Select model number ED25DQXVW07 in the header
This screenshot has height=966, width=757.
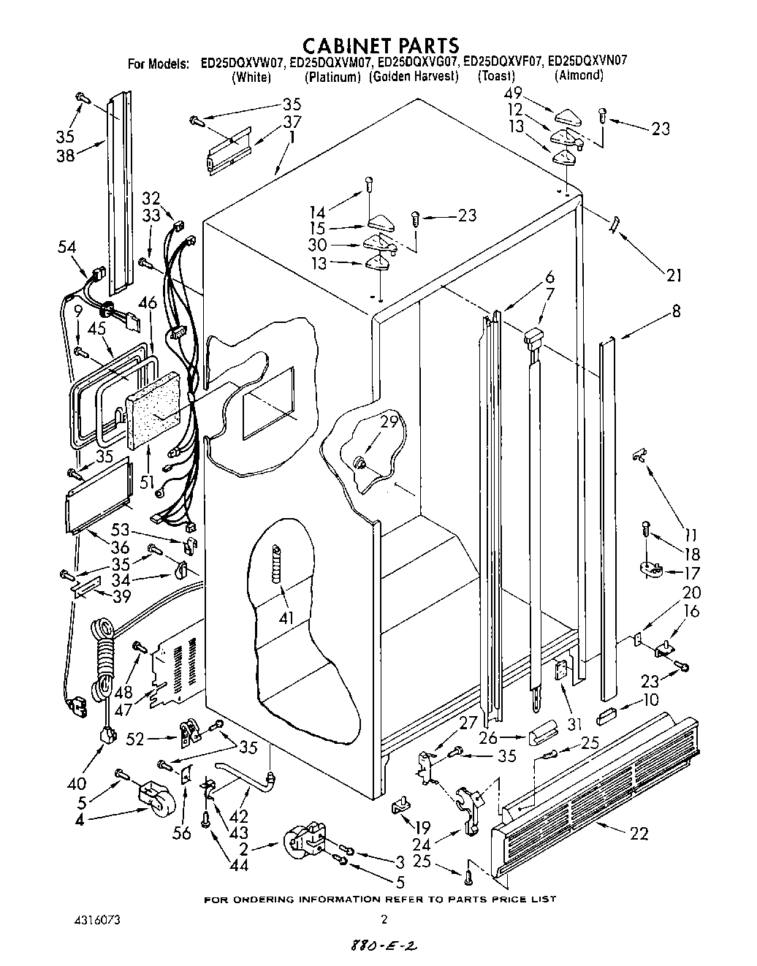(243, 63)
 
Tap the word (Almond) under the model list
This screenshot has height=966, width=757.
(579, 75)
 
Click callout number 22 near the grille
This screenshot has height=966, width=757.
(639, 833)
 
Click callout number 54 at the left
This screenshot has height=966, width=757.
(67, 248)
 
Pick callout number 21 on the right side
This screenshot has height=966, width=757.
(673, 275)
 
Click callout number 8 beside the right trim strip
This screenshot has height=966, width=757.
(676, 311)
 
